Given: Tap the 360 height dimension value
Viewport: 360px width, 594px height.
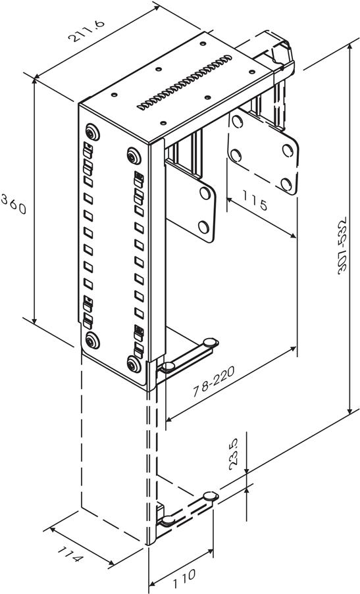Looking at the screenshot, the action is (14, 204).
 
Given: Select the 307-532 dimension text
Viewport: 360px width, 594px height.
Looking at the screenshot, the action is (342, 245).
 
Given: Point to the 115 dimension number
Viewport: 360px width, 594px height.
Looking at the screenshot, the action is (255, 201).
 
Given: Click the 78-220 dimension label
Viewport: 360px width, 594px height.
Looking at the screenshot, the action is (214, 381).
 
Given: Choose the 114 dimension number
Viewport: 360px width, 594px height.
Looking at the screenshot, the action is (70, 553).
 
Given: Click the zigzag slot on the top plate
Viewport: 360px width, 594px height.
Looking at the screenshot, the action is (184, 82).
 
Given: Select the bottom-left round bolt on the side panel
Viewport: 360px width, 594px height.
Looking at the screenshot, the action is (92, 341).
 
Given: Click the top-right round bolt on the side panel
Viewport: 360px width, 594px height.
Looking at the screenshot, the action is (134, 156).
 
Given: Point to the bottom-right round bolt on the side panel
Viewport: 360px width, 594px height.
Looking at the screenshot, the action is (134, 364).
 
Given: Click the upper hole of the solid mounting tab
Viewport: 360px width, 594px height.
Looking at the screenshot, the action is (205, 193).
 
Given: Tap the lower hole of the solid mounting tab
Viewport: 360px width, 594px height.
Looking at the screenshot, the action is (203, 227).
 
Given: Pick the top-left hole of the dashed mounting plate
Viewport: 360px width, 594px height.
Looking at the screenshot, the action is (237, 121).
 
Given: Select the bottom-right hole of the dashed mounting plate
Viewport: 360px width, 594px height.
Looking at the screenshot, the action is (286, 184).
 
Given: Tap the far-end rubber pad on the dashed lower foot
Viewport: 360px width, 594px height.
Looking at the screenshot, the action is (211, 496).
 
